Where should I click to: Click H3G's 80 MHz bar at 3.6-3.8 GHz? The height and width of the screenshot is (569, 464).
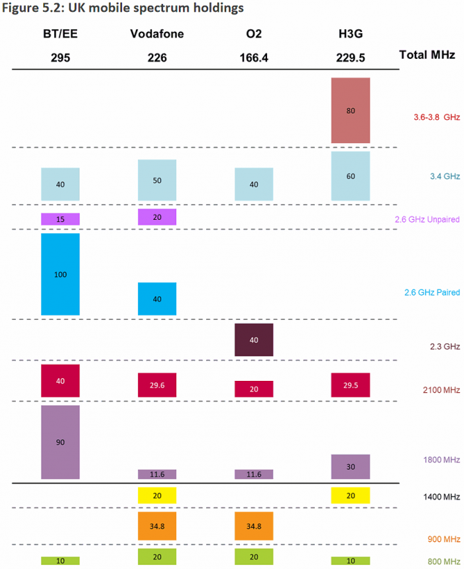[351, 110]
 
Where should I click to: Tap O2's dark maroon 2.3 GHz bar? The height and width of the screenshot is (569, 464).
[254, 340]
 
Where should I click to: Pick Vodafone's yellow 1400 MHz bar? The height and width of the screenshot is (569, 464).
[157, 495]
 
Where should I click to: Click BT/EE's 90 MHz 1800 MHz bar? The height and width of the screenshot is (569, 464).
[60, 442]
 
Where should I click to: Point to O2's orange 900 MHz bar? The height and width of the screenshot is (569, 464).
[254, 526]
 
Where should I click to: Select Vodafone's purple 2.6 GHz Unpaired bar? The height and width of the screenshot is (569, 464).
[157, 217]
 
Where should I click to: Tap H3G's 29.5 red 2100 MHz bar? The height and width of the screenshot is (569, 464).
[351, 385]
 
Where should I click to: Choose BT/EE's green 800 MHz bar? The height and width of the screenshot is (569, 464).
[60, 561]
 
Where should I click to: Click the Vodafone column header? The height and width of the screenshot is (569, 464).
[157, 34]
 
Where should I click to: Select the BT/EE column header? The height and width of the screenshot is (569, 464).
[60, 34]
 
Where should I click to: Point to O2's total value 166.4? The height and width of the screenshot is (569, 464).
[254, 58]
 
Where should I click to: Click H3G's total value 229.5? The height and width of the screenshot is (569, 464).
[351, 58]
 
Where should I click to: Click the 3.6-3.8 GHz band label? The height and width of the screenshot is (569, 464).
[435, 117]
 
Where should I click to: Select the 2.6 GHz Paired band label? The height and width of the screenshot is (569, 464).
[432, 292]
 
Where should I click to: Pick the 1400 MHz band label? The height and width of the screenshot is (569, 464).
[442, 496]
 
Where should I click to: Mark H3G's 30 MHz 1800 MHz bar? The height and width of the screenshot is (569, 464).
[351, 466]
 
